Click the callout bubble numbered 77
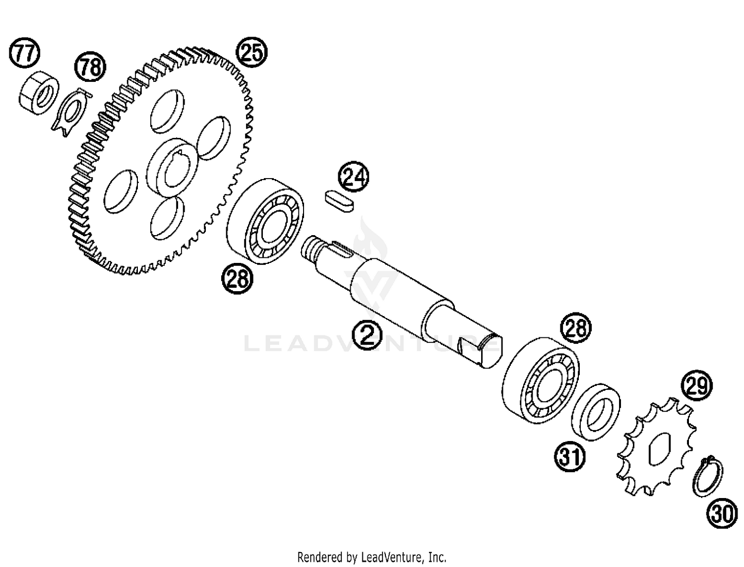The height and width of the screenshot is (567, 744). click(x=24, y=53)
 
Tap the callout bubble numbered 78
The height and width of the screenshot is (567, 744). click(x=90, y=66)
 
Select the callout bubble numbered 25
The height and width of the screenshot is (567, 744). click(x=251, y=52)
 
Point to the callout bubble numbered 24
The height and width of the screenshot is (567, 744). click(x=353, y=177)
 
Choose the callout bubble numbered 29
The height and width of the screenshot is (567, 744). click(x=696, y=385)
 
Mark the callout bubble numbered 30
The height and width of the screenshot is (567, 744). click(x=722, y=513)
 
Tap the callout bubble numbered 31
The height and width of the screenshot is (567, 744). click(x=570, y=456)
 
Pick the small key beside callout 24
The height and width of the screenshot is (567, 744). click(x=339, y=202)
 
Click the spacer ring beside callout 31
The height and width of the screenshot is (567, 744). click(x=596, y=412)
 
